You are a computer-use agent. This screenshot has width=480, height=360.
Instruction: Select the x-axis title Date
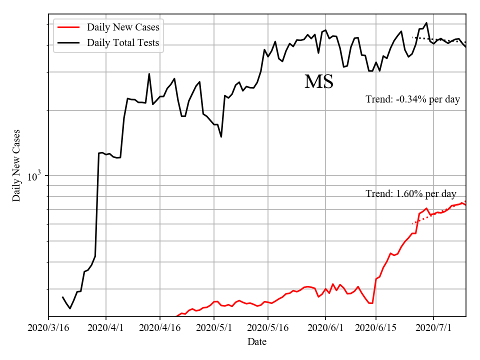click(x=257, y=342)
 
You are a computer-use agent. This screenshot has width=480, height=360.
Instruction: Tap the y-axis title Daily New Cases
click(x=17, y=165)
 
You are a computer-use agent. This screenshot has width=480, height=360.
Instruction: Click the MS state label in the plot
click(x=318, y=82)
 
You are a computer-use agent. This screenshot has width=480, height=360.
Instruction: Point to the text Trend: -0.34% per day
click(x=412, y=99)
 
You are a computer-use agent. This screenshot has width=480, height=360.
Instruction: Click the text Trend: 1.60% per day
click(x=411, y=194)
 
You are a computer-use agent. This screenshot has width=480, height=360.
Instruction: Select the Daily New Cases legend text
click(x=123, y=27)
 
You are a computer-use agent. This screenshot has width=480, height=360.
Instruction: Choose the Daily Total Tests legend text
click(x=123, y=43)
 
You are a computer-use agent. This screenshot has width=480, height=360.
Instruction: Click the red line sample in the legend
click(x=69, y=27)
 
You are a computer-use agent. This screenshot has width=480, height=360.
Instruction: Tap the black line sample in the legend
click(x=69, y=43)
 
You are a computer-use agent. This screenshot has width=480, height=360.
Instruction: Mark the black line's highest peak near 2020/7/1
click(x=426, y=23)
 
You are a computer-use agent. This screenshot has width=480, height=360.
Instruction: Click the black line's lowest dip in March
click(x=70, y=308)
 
